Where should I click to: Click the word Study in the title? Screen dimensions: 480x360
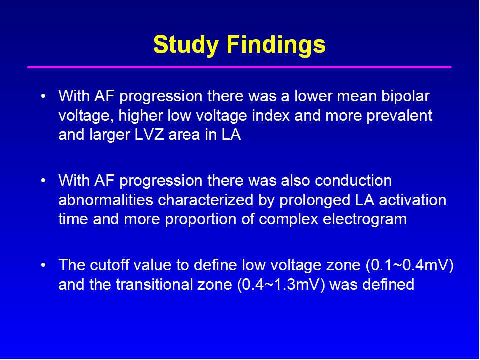[186, 45]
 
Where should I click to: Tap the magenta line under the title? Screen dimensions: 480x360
[239, 67]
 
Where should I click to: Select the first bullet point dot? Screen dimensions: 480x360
[44, 96]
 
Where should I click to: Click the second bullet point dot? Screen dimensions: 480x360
[44, 181]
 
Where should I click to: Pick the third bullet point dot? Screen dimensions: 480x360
[44, 265]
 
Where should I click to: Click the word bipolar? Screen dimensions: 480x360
[405, 97]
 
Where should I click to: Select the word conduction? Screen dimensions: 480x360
[353, 181]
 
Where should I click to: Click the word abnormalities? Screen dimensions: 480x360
[106, 200]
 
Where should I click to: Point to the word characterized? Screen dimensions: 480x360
[206, 200]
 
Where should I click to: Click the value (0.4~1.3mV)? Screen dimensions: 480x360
[281, 285]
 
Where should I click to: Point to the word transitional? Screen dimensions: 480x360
[154, 284]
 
